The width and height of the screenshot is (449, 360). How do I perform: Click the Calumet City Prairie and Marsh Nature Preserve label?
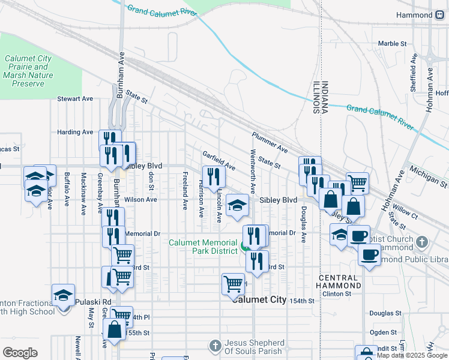28,71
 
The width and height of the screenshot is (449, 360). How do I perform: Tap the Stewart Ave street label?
75,98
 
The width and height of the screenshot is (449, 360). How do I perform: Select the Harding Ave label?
75,132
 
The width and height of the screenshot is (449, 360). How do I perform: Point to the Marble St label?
393,44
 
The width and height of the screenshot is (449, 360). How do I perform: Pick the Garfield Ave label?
218,160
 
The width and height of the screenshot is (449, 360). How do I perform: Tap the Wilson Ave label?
140,199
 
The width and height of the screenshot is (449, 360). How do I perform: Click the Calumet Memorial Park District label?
203,247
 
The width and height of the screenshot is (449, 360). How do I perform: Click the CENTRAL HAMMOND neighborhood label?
340,281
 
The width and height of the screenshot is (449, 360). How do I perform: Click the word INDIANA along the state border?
325,97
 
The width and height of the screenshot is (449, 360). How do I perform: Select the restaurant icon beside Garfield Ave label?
214,176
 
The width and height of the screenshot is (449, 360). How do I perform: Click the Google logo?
20,353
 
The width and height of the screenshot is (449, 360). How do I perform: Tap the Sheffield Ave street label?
414,73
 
